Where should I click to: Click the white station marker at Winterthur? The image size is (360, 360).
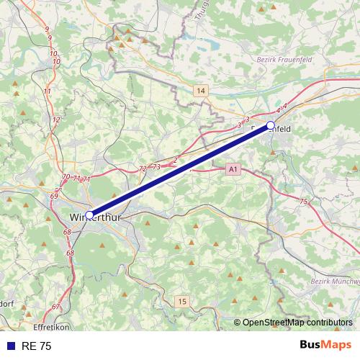click(89, 215)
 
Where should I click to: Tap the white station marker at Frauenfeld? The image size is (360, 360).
click(271, 125)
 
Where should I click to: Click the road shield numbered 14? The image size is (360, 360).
click(200, 91)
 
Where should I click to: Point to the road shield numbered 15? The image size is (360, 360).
click(183, 301)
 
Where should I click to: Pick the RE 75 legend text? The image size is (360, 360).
click(37, 346)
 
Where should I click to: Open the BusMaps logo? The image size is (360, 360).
click(326, 345)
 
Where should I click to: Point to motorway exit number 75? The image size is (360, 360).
click(303, 202)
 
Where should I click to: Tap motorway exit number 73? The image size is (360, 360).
click(156, 166)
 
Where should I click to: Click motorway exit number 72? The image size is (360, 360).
click(142, 168)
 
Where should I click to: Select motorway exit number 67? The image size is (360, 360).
click(55, 307)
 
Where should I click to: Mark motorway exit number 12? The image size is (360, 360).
click(55, 120)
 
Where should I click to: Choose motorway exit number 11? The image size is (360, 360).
click(48, 91)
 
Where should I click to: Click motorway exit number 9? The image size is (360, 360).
click(48, 29)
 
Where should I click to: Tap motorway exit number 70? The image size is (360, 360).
click(66, 177)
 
